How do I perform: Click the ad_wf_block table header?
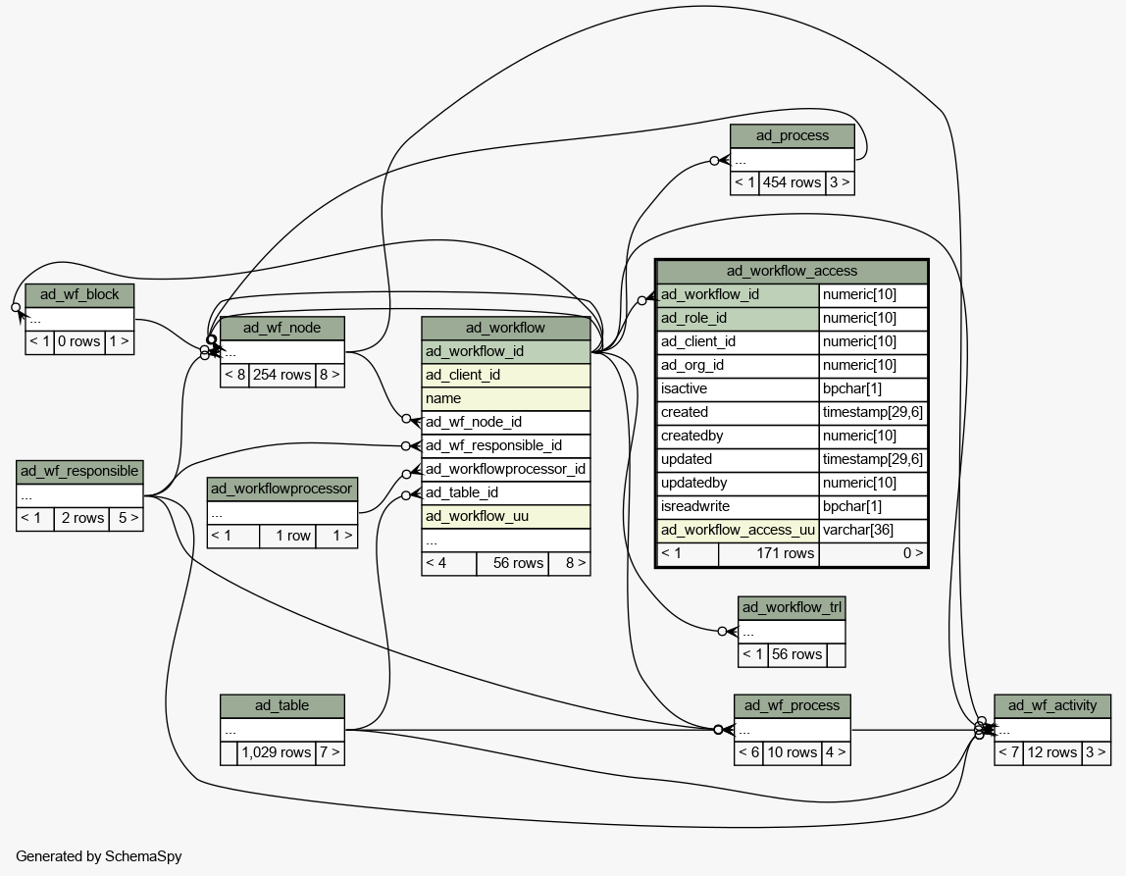click(x=79, y=294)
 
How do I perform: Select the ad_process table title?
click(x=793, y=135)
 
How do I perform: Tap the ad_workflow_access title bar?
click(x=793, y=271)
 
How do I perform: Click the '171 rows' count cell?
click(x=768, y=553)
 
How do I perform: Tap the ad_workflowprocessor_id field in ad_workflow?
click(x=505, y=469)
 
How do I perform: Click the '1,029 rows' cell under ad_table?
click(x=277, y=752)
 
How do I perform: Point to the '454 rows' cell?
click(x=793, y=183)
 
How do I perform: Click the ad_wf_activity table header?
click(x=1052, y=706)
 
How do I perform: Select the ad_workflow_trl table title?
click(x=792, y=607)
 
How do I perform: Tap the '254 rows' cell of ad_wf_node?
click(x=282, y=375)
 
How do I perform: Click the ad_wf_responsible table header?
click(x=79, y=472)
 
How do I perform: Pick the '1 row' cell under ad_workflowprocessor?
click(x=287, y=536)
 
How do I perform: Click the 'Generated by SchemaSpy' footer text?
click(x=99, y=856)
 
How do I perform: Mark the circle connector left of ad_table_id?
click(x=406, y=495)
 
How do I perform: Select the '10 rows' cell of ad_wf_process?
click(x=793, y=752)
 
